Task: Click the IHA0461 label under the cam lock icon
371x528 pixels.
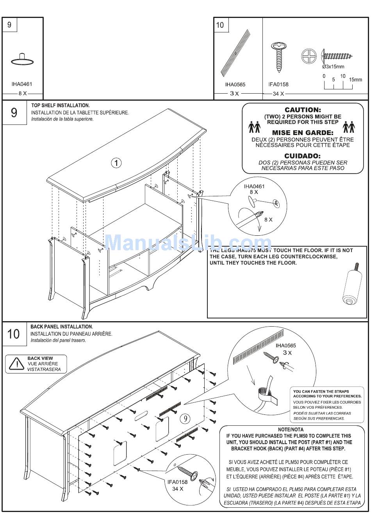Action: click(x=22, y=84)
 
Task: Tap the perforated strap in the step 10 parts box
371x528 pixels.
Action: click(x=235, y=53)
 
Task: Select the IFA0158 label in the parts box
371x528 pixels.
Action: click(x=278, y=84)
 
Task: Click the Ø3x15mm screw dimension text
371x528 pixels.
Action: click(x=333, y=67)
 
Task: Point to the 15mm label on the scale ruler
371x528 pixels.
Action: click(x=355, y=80)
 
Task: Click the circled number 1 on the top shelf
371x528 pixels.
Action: click(x=116, y=163)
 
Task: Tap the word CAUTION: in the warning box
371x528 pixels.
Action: click(x=303, y=110)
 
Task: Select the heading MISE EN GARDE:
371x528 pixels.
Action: click(x=303, y=133)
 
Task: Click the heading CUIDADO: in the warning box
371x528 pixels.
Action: click(x=303, y=156)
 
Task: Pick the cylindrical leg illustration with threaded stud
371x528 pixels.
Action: click(x=351, y=287)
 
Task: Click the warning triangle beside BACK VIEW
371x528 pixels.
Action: click(x=16, y=364)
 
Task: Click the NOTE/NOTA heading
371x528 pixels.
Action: click(x=291, y=429)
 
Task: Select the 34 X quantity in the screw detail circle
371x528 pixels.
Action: click(x=178, y=489)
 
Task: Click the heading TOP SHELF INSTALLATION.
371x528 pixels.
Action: click(x=61, y=105)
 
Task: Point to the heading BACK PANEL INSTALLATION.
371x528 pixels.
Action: click(x=62, y=327)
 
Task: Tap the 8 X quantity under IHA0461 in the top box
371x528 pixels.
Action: click(x=23, y=94)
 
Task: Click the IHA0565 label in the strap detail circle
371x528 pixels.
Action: click(x=285, y=345)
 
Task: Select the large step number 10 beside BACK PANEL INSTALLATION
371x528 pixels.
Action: click(x=13, y=334)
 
